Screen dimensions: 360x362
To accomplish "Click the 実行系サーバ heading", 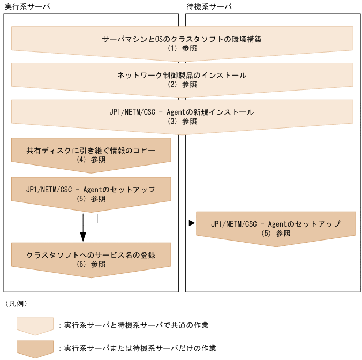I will click(22, 6).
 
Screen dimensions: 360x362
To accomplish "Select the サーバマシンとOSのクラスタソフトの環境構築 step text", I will click(182, 39).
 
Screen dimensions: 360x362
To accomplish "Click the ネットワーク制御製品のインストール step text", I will click(182, 76).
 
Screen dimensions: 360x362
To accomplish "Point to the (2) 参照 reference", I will click(182, 84).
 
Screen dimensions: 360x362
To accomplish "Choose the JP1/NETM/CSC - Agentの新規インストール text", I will click(182, 112).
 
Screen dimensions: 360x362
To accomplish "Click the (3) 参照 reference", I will click(182, 121).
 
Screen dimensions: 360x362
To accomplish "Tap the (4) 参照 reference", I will click(91, 159).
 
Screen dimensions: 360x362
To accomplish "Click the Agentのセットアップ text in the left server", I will click(91, 190).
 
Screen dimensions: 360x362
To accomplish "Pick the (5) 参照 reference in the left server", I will click(91, 199).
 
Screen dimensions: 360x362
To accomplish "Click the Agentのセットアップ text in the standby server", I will click(276, 224).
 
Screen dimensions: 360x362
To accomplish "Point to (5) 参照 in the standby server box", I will click(276, 233).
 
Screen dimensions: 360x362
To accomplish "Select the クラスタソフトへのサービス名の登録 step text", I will click(91, 254).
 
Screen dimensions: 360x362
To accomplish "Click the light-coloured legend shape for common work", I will click(35, 325).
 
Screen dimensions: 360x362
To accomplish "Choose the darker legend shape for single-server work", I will click(35, 348).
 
